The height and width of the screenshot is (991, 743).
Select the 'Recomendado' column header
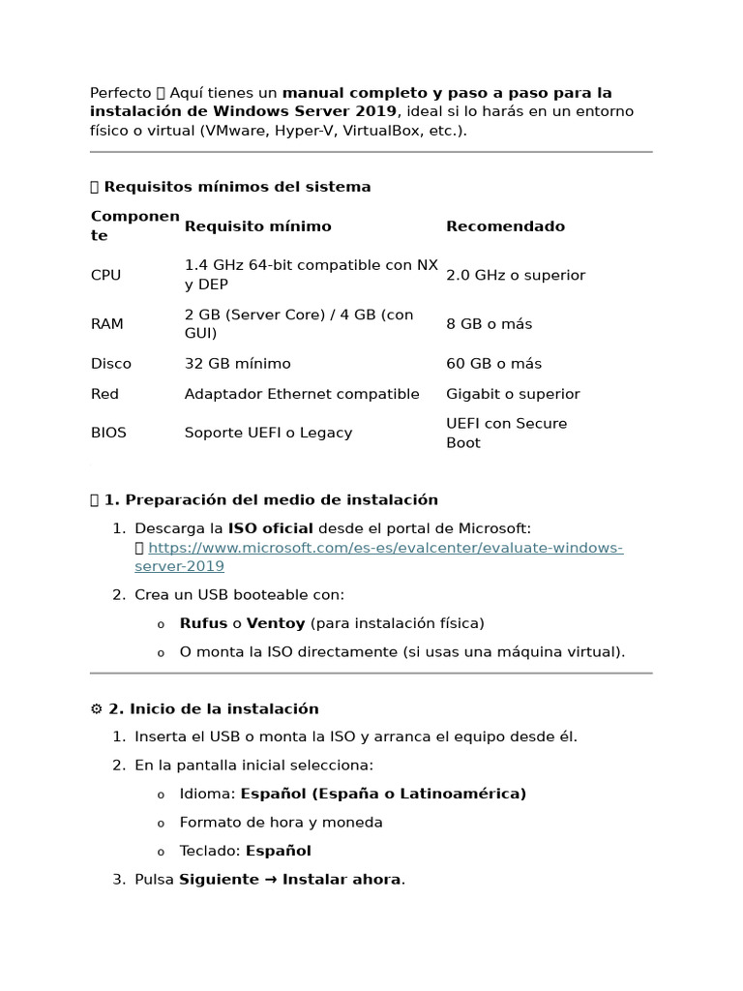click(505, 226)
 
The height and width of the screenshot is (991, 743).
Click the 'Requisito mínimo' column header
click(257, 226)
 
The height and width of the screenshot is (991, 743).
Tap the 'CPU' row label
click(105, 276)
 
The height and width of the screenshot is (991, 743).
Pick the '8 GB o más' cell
click(489, 324)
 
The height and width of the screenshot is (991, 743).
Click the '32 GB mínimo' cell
click(237, 364)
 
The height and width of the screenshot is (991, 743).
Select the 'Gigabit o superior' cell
click(513, 394)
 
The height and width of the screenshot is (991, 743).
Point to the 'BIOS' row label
click(108, 434)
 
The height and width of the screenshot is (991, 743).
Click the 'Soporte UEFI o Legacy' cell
click(268, 434)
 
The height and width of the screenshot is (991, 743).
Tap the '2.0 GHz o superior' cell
click(516, 276)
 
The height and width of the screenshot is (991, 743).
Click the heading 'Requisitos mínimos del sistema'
click(237, 187)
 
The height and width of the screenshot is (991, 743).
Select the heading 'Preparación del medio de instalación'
click(271, 500)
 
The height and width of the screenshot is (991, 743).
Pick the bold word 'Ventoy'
click(275, 623)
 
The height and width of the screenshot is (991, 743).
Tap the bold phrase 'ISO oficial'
click(270, 528)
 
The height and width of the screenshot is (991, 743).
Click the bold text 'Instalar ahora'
click(342, 880)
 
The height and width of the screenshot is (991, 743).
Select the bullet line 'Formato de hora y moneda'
click(281, 823)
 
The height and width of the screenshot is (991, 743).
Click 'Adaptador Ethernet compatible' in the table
click(302, 394)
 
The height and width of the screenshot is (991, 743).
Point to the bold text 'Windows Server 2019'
click(318, 111)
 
